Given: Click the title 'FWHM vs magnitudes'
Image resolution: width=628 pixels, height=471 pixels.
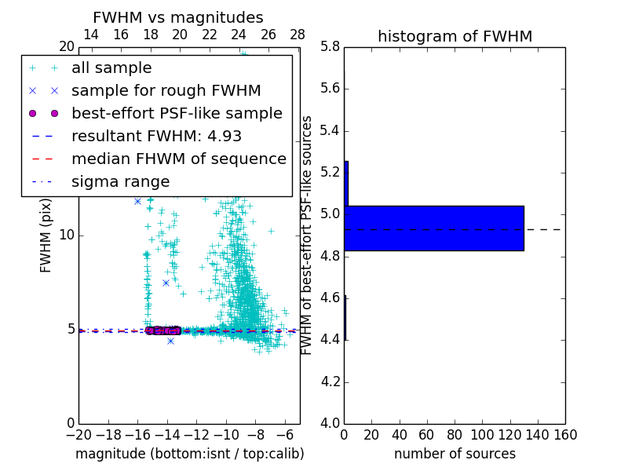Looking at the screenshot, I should tap(178, 18).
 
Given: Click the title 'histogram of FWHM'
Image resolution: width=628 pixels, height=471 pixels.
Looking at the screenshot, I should tap(455, 36).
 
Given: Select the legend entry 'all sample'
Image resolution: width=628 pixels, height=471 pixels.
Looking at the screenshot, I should tap(111, 68).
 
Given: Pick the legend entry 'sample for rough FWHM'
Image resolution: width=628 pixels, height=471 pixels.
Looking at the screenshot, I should tap(166, 90).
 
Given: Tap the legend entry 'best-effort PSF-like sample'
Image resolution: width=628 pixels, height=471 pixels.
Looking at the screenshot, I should tap(177, 113).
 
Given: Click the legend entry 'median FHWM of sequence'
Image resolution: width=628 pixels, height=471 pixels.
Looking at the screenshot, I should tap(178, 159).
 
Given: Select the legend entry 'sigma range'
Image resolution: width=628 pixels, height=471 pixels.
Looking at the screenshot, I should tap(120, 181).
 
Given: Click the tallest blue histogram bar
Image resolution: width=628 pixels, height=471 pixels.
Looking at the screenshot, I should tap(433, 228).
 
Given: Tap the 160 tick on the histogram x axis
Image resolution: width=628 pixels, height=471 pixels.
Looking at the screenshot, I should tap(565, 434).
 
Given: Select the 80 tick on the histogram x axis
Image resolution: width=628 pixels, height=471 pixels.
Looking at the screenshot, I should tap(455, 434).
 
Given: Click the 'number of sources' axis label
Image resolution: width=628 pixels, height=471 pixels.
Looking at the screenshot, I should tap(455, 454).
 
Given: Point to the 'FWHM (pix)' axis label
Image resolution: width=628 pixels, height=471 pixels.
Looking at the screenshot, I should tap(46, 235).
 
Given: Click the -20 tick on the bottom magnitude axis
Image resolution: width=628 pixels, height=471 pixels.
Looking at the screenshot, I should tap(78, 434).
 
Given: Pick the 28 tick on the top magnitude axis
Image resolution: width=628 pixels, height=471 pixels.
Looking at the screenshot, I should tap(298, 35).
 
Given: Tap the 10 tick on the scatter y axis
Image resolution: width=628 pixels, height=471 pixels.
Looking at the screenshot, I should tap(67, 235).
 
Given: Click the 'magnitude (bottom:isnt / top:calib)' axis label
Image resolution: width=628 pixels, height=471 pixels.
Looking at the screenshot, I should tap(189, 454).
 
